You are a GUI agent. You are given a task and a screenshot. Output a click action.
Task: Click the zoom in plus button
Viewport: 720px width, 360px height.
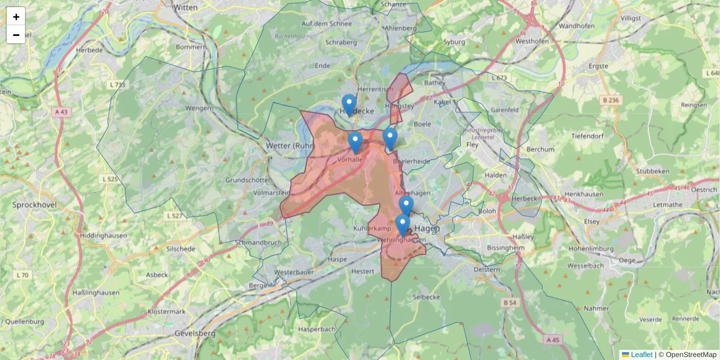16,16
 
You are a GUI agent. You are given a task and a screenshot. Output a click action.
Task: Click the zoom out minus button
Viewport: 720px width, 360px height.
16,35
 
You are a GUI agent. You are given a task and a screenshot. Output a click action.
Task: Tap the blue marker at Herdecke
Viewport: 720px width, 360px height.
349,104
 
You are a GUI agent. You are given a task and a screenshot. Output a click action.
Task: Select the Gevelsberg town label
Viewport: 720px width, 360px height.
194,333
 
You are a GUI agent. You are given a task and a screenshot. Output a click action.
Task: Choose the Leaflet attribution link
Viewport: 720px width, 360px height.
641,355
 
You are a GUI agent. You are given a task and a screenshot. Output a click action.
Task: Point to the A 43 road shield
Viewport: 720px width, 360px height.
62,112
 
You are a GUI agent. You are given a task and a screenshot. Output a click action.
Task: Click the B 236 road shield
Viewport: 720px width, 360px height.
610,100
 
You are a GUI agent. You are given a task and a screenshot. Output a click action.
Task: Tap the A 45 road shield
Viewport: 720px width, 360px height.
552,340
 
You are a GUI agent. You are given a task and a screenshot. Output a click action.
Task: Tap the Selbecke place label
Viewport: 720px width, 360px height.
427,297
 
